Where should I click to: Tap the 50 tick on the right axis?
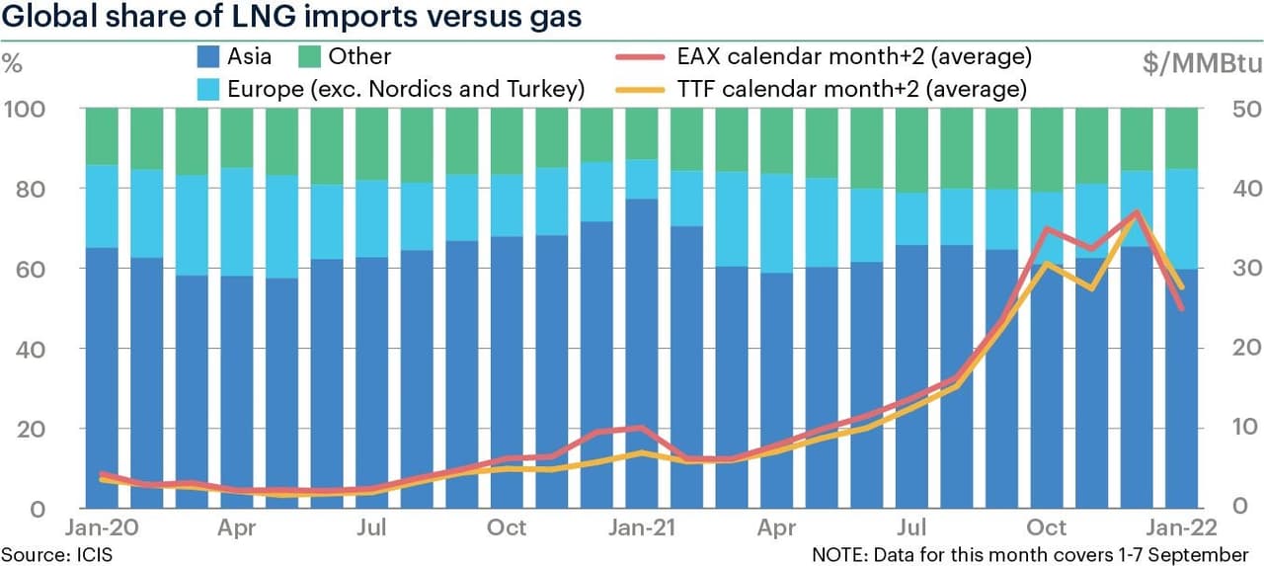point(1238,108)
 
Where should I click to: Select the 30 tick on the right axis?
point(1238,268)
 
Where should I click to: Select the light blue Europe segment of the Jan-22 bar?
point(1183,218)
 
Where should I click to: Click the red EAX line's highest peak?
point(1138,211)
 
